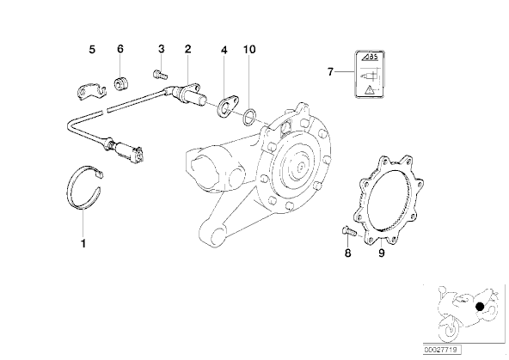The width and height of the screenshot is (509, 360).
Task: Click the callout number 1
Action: (83, 243)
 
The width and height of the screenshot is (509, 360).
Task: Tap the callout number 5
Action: (92, 50)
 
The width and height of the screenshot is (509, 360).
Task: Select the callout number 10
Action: (249, 49)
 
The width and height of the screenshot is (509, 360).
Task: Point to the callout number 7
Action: (330, 71)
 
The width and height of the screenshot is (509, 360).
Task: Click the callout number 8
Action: (347, 253)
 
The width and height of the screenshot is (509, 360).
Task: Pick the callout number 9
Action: (382, 253)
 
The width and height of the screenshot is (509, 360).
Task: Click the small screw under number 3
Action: (160, 76)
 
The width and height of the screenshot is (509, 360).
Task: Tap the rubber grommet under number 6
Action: (121, 83)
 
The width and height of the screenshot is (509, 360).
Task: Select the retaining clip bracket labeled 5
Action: (91, 91)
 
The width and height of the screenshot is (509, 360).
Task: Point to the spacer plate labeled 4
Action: (227, 106)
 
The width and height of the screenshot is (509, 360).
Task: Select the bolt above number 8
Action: (349, 231)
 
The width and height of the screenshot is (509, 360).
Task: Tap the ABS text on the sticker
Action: (371, 57)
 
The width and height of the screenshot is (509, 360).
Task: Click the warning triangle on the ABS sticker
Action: (369, 89)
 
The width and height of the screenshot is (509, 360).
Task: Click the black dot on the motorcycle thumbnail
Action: (480, 307)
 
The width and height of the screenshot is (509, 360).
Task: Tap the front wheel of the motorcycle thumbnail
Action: (450, 328)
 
